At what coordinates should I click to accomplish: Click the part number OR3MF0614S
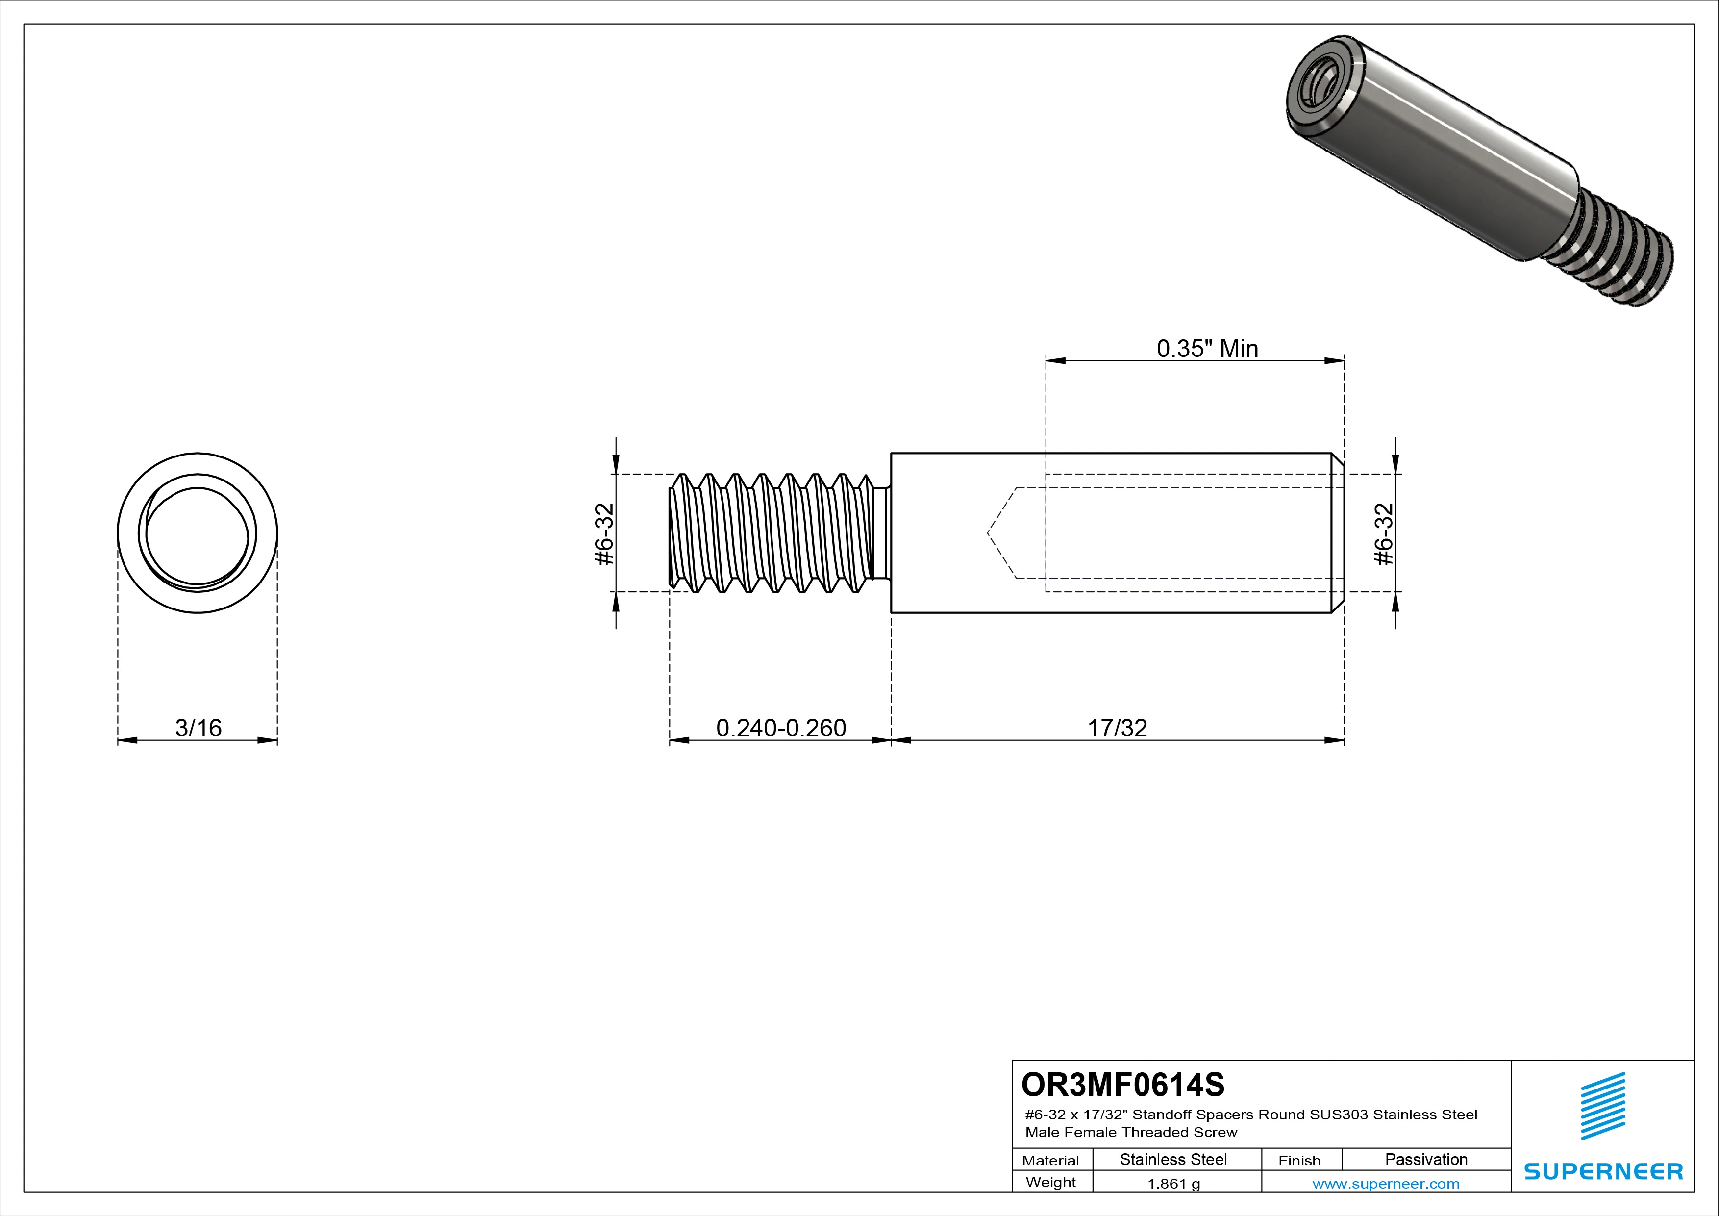pyautogui.click(x=1122, y=1084)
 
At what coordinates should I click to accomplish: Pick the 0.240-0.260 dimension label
pyautogui.click(x=781, y=728)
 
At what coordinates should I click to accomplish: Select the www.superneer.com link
pyautogui.click(x=1385, y=1184)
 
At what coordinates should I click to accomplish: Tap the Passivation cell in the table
pyautogui.click(x=1425, y=1159)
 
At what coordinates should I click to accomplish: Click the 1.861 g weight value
pyautogui.click(x=1173, y=1184)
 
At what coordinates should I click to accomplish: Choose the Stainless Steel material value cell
pyautogui.click(x=1172, y=1159)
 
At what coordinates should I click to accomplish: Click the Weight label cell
pyautogui.click(x=1050, y=1182)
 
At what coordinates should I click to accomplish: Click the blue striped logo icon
pyautogui.click(x=1602, y=1106)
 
